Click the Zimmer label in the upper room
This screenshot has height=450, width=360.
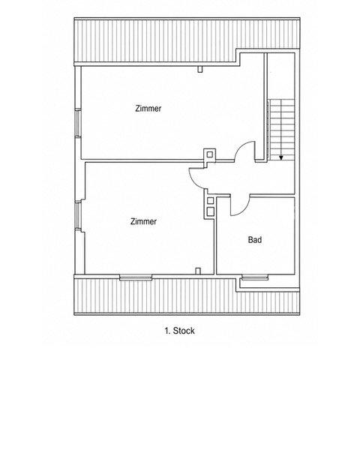tap(148, 109)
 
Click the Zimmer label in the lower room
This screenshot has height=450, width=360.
tap(143, 221)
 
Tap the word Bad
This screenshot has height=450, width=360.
tap(255, 240)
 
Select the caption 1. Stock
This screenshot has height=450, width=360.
tap(180, 331)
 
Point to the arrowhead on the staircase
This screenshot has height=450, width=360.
tap(281, 157)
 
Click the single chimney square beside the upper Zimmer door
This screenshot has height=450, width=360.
tap(210, 154)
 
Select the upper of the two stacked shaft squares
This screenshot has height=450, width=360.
tap(211, 200)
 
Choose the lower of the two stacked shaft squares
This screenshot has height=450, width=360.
tap(211, 211)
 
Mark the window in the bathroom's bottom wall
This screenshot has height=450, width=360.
tap(255, 277)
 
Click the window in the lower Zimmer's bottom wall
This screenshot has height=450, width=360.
tap(136, 277)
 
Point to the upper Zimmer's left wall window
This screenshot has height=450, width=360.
tap(78, 123)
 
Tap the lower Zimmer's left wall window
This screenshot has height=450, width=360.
tap(78, 215)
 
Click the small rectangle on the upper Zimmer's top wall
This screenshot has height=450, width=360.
tap(200, 69)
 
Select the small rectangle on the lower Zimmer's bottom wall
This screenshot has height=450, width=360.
tap(198, 271)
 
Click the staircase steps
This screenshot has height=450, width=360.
tap(282, 130)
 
